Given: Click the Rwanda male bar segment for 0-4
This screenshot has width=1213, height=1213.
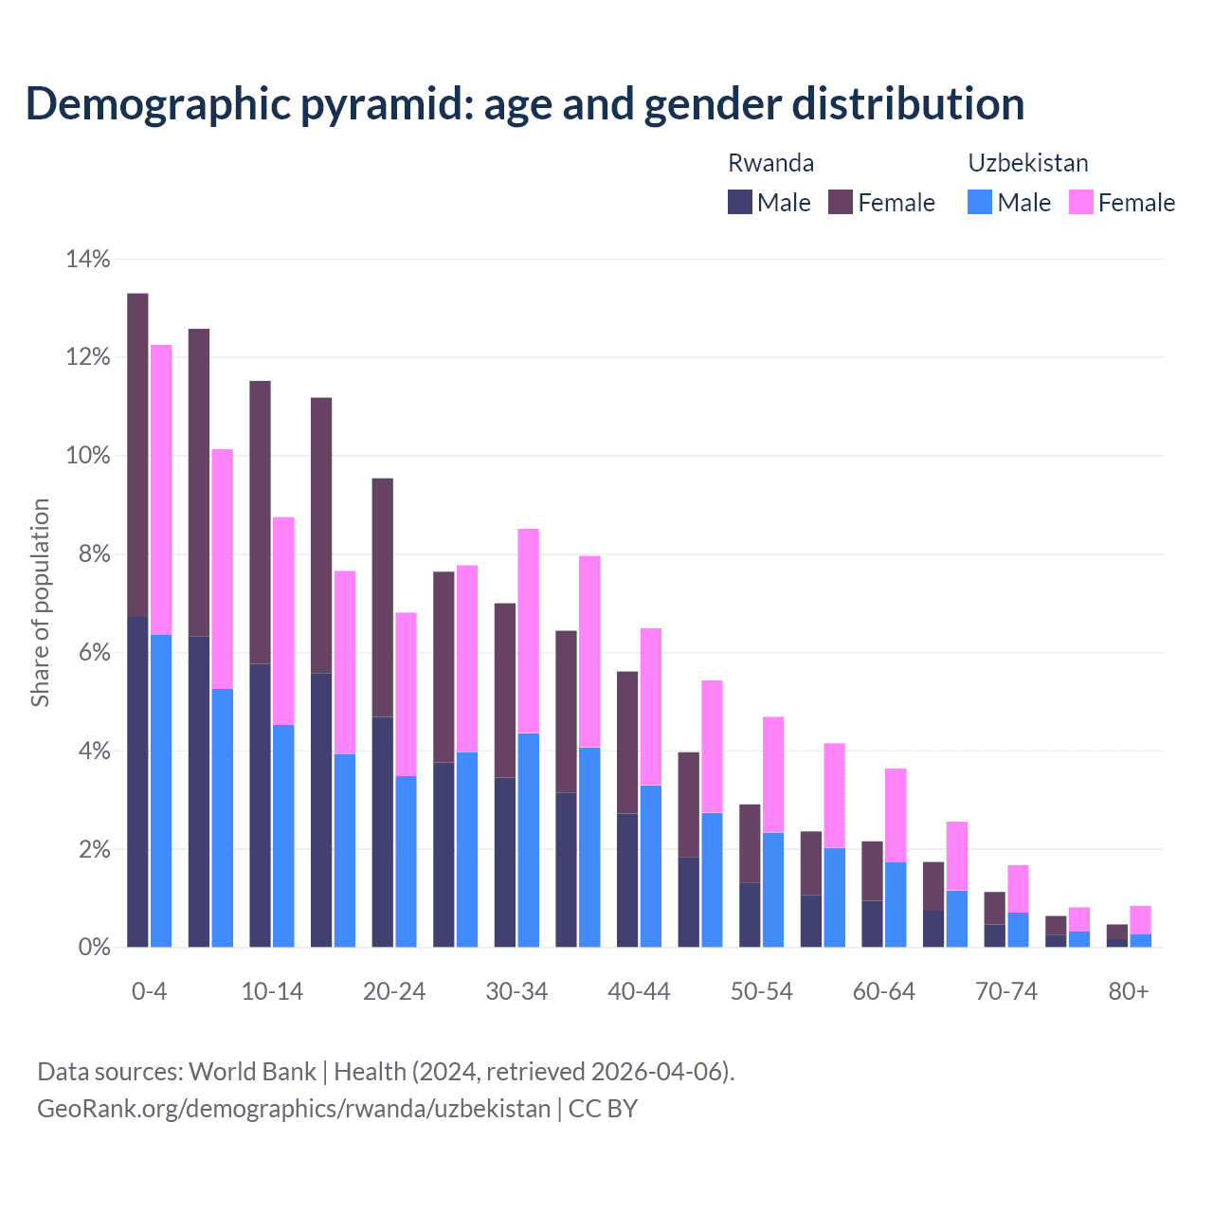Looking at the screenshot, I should (x=137, y=782).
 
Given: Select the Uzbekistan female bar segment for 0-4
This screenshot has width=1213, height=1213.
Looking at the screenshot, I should (x=161, y=489).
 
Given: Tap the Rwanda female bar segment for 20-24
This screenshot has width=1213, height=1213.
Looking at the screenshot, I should (x=382, y=597).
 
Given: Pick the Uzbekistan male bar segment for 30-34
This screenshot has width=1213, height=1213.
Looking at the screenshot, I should (x=529, y=840).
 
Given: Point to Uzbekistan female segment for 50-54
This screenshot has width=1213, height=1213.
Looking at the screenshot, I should (x=773, y=774).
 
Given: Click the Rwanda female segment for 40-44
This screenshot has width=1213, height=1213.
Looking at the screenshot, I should (x=627, y=742).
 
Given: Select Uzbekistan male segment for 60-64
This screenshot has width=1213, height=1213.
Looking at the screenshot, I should (x=896, y=904).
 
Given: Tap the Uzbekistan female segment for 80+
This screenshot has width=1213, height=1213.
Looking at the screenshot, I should (x=1140, y=920).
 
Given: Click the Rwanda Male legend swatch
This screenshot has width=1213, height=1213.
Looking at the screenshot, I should (x=740, y=202).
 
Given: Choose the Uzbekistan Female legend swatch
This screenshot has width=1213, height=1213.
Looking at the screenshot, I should (x=1081, y=202).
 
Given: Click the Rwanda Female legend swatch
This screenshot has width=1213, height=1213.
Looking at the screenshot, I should (x=841, y=202).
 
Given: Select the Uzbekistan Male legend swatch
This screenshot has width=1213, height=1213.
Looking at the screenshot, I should (x=980, y=202).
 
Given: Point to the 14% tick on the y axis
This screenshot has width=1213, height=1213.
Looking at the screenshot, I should (x=88, y=259).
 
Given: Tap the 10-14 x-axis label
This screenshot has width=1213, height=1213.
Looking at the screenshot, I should (x=272, y=991).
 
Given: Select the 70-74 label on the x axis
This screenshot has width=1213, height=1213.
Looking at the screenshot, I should (x=1006, y=991).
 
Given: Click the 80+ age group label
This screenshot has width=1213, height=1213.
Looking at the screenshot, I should (x=1129, y=991).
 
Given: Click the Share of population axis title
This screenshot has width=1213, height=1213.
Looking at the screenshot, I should (x=40, y=603).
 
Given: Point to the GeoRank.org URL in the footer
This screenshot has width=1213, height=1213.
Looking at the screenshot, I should (x=294, y=1108).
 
